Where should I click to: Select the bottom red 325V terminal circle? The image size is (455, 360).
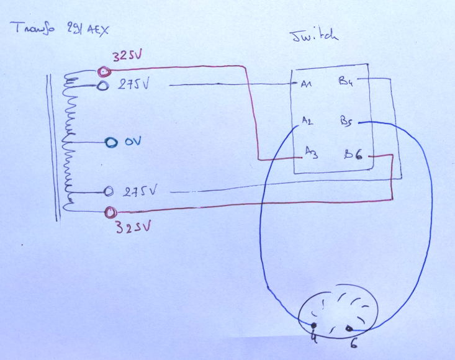coord(110,212)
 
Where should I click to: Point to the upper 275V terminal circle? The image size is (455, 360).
coord(104,86)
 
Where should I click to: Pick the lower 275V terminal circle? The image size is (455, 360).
coord(108,191)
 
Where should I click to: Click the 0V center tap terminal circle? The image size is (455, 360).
coord(110,143)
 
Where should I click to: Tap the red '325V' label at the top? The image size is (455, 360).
coord(127,56)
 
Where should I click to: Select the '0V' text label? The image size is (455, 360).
coord(133,142)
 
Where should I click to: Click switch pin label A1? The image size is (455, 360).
coord(306,86)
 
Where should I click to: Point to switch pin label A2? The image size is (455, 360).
coord(307,121)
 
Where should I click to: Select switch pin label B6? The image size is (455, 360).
coord(354,153)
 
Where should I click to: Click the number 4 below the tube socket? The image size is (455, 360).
coord(313,339)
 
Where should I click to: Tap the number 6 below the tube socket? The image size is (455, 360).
coord(353,342)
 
